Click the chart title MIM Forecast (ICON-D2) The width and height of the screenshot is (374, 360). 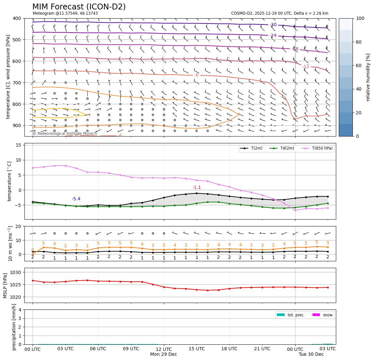tap(79, 7)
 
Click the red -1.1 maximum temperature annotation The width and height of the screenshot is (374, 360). tap(196, 188)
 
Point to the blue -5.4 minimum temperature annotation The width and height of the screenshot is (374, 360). tap(76, 199)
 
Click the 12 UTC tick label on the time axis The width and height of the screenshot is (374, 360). tap(164, 349)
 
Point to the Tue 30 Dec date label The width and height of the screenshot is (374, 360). tap(311, 354)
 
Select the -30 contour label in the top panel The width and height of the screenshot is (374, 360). tap(273, 25)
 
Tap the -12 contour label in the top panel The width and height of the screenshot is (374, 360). tap(306, 67)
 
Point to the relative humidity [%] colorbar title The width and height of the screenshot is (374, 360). tap(368, 77)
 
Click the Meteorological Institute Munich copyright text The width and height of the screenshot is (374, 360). tap(65, 134)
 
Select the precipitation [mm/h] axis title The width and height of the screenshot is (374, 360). tap(14, 327)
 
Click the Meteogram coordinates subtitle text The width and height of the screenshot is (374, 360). tap(65, 13)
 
